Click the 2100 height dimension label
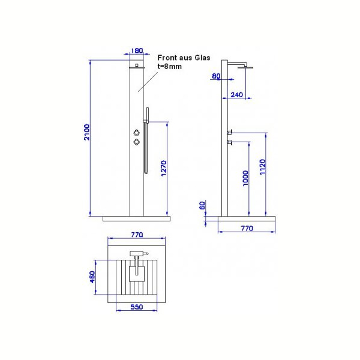tap(87, 132)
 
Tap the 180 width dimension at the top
tap(137, 50)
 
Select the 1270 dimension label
tap(163, 168)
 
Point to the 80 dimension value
tap(216, 76)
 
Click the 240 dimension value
tap(237, 95)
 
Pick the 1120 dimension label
tap(263, 167)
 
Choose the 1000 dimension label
tap(245, 178)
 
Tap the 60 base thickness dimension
tap(202, 205)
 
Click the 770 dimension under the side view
tap(247, 228)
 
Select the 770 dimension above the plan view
tap(137, 235)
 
